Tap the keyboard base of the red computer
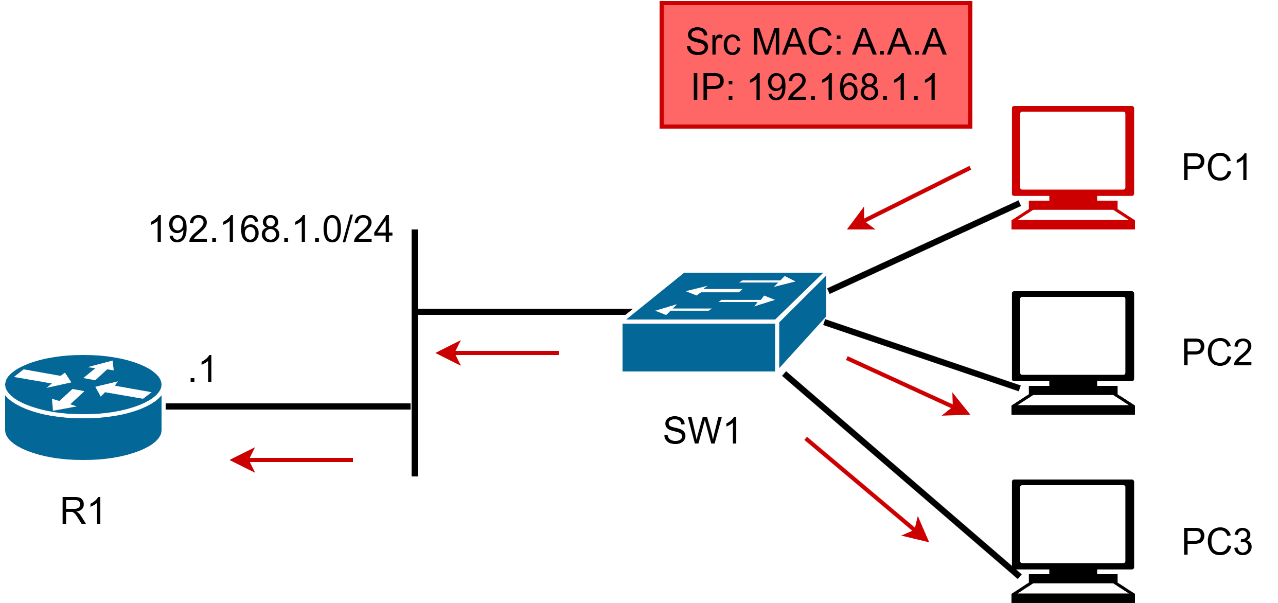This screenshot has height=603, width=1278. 1073,219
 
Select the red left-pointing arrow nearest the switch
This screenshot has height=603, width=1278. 497,353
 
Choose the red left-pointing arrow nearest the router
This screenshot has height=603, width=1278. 291,460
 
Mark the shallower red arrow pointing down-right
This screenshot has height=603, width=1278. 908,386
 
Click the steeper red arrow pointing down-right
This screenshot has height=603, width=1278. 867,489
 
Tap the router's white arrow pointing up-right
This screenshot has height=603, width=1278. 100,370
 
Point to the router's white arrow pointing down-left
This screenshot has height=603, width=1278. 67,400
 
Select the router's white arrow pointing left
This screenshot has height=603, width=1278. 123,390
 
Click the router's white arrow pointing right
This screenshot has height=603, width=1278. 43,378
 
